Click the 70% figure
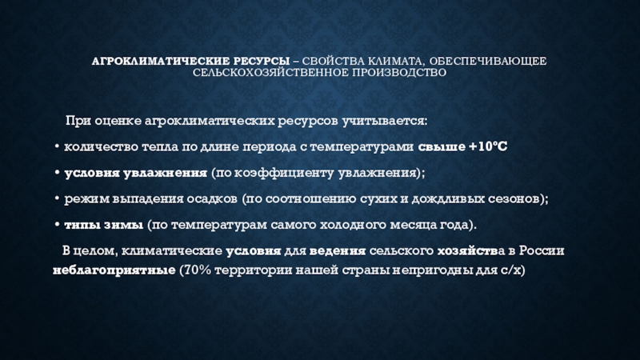[x=198, y=270]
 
